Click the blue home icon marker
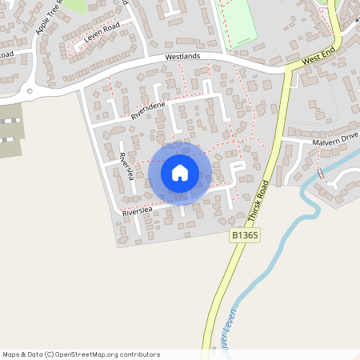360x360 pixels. pos(180,172)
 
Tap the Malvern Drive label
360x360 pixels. pos(335,140)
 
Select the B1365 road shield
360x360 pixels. pos(246,235)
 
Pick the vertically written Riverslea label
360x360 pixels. pos(126,166)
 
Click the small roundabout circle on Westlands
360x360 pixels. pos(30,91)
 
